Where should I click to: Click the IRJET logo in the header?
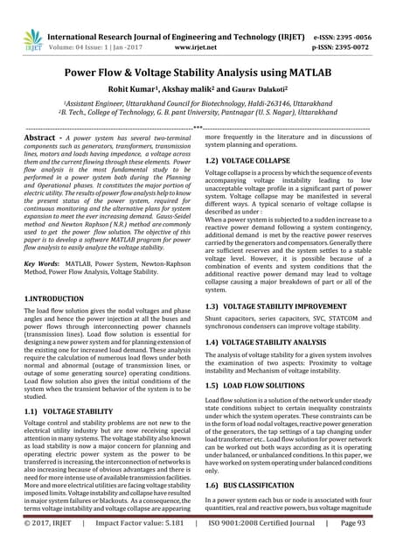tap(32, 39)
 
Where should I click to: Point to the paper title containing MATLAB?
tap(198, 75)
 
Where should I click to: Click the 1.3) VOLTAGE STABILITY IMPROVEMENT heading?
tap(274, 308)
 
